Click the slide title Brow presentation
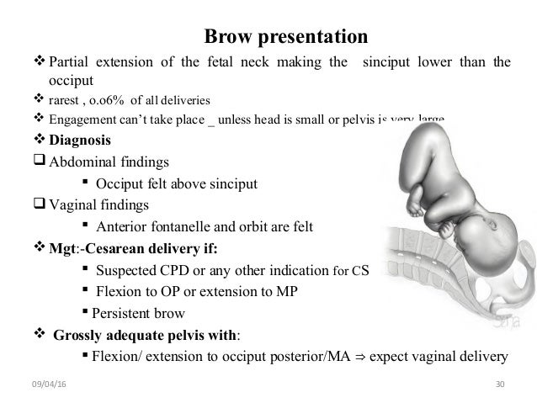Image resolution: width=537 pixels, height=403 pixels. click(x=286, y=37)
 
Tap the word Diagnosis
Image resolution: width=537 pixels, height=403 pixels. click(x=85, y=139)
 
